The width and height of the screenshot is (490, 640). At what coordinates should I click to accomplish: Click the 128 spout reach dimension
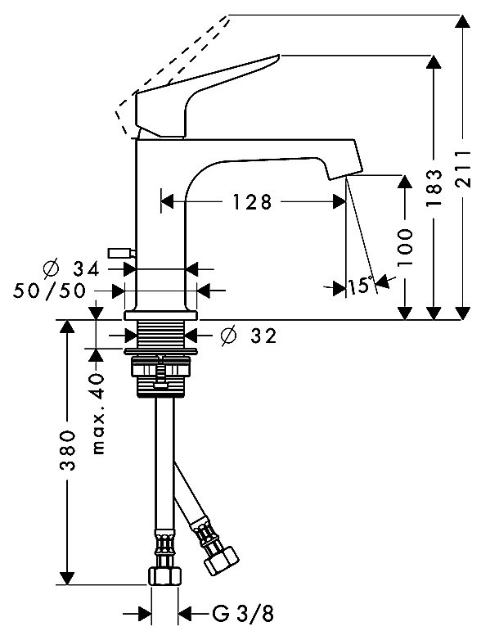coord(252,201)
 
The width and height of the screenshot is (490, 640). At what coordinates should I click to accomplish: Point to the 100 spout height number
coord(405,246)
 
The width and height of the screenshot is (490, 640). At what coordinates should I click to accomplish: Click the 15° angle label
coord(361,285)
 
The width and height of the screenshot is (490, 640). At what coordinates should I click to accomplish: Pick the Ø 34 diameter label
coord(71,268)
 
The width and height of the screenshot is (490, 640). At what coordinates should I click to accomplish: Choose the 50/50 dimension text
coord(49,291)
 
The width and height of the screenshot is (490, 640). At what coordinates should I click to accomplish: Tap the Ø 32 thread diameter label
coord(249,336)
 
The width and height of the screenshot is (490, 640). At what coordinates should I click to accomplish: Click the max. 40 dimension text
coord(98,413)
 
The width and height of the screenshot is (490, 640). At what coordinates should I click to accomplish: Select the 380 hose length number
coord(68,449)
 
